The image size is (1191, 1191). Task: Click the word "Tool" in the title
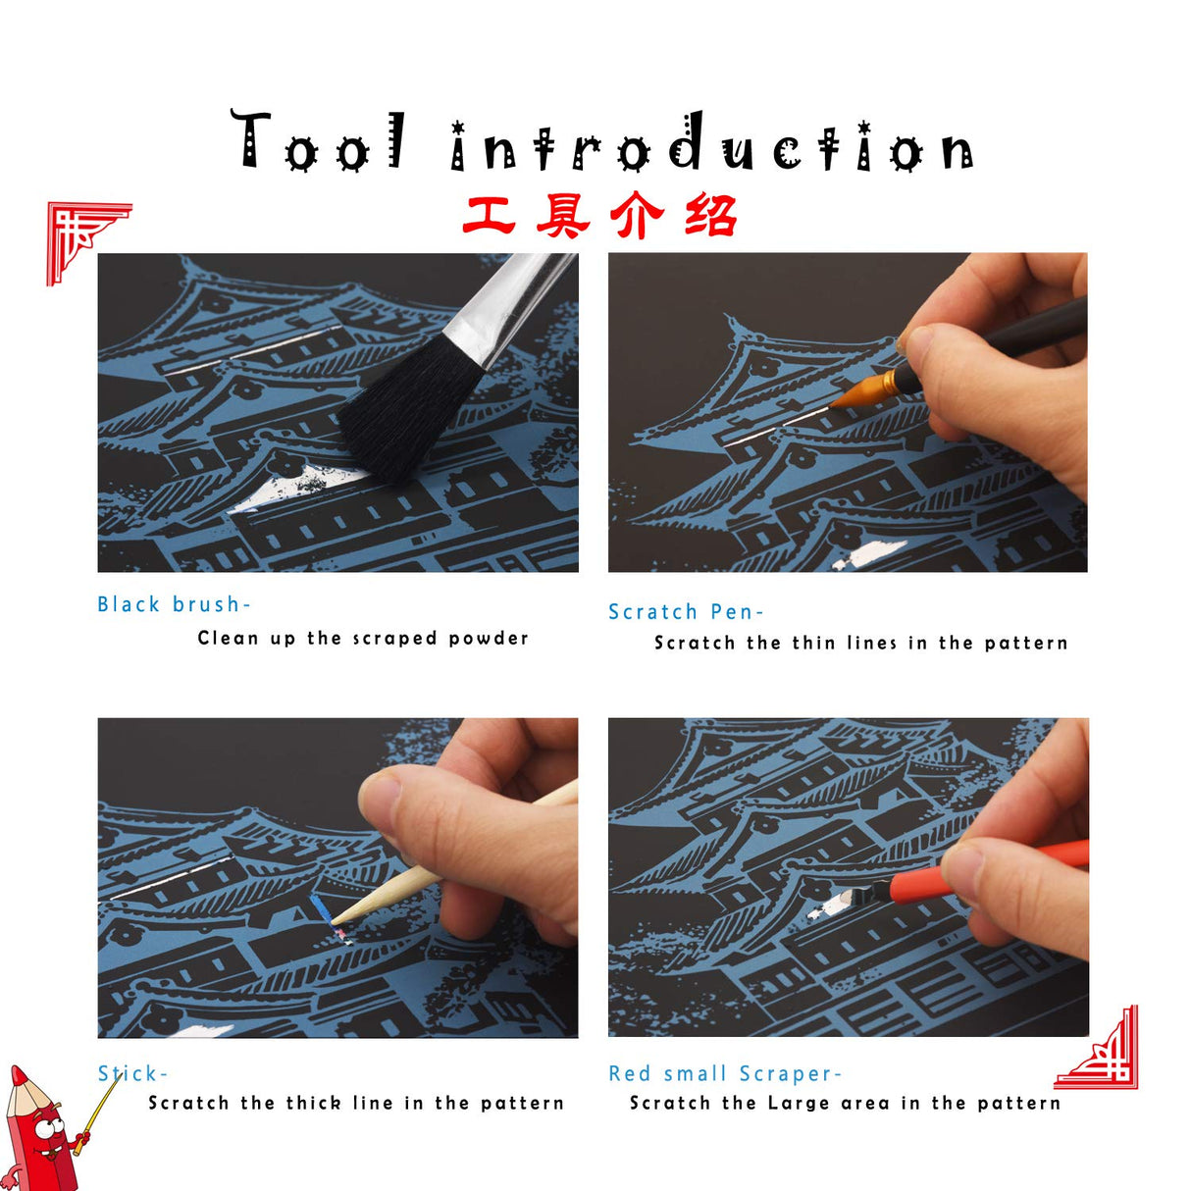coord(319,143)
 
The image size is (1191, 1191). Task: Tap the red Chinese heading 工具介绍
coord(599,216)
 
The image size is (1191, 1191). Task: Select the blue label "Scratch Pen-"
coord(685,612)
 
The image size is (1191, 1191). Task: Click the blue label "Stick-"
coord(132,1073)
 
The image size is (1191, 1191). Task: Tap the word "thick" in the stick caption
coord(313,1103)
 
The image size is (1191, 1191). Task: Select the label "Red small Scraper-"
coord(724,1074)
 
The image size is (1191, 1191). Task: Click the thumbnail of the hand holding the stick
coord(337,877)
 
